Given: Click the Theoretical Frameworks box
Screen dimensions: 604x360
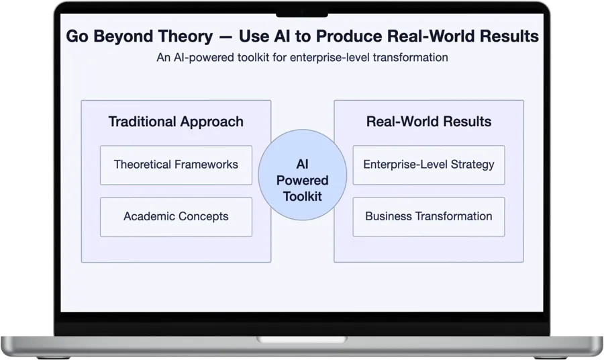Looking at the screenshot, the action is (x=176, y=165).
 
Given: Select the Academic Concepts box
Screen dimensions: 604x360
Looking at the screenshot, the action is (x=176, y=217).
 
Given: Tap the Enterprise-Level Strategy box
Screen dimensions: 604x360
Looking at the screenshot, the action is (x=429, y=165).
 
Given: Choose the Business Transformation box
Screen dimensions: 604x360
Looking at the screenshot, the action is (x=429, y=217).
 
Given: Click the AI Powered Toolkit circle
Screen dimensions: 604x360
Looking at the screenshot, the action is (x=303, y=175).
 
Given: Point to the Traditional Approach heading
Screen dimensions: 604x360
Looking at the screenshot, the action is (x=176, y=122).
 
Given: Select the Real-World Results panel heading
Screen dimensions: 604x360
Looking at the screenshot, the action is (x=429, y=122).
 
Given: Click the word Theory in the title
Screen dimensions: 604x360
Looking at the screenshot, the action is (x=185, y=37).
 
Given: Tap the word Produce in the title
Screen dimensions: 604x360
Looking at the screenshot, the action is (x=350, y=36).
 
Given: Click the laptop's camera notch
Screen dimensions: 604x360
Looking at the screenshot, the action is (x=302, y=15).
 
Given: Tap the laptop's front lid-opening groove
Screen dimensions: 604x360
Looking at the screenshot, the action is (x=302, y=340).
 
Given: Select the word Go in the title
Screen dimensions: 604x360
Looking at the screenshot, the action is (x=77, y=36).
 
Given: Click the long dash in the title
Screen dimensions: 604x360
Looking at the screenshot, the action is (x=226, y=38).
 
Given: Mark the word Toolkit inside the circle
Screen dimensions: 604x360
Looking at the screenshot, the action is (x=303, y=197).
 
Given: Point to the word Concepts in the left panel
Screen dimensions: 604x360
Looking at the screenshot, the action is (x=203, y=217).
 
